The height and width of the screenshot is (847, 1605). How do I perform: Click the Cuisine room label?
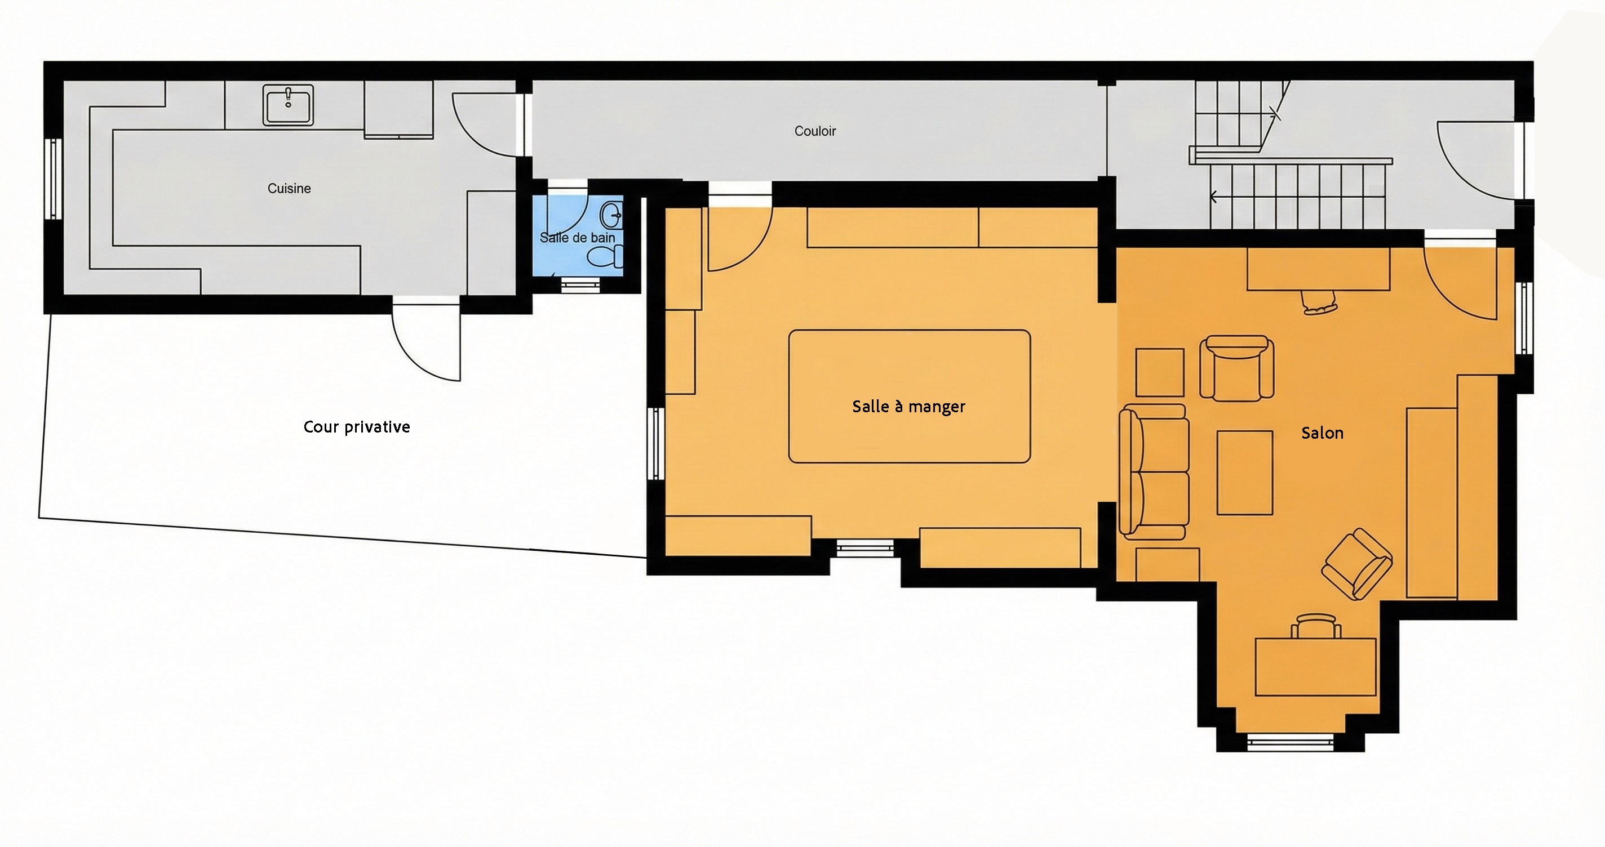click(x=289, y=188)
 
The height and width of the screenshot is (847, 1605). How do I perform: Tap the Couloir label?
click(x=815, y=131)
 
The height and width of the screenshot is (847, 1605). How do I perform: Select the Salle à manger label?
click(x=908, y=407)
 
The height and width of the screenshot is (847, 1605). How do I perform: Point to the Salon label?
click(x=1322, y=433)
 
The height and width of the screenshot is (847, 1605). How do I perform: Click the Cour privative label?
click(x=356, y=427)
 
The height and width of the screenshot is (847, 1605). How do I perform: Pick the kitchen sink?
click(x=288, y=106)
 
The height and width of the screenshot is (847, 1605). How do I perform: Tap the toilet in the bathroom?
click(x=605, y=257)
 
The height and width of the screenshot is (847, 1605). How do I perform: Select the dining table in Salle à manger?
click(x=909, y=396)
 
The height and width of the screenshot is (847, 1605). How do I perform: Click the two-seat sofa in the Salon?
click(x=1154, y=471)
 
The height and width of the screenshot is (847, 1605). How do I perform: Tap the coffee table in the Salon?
click(x=1244, y=472)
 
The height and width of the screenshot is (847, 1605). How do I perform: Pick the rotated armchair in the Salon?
click(x=1357, y=564)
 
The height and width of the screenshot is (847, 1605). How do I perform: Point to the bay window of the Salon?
click(x=1290, y=741)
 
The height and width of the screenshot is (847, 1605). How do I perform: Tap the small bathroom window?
click(x=580, y=285)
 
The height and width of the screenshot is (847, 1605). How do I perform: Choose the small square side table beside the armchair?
click(x=1160, y=372)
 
